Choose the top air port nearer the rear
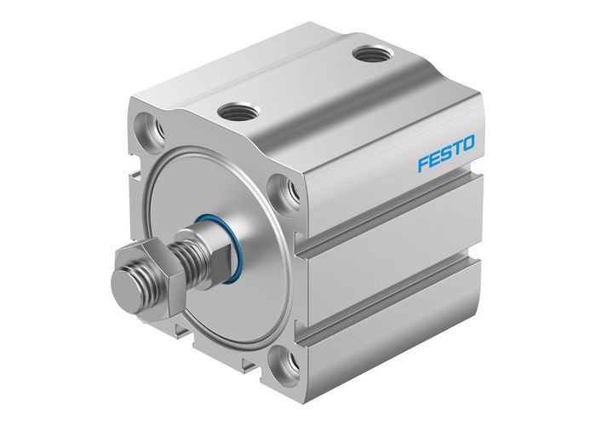pyautogui.click(x=368, y=56)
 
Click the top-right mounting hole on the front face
pyautogui.click(x=285, y=193)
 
